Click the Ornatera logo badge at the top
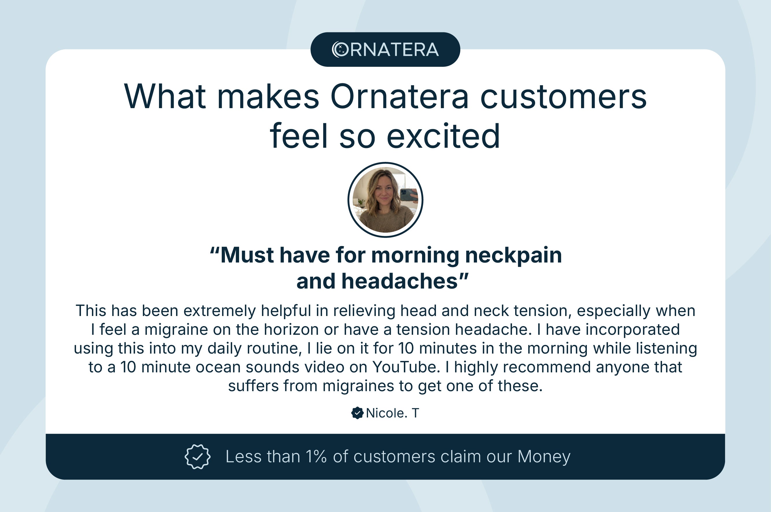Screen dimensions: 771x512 point(385,49)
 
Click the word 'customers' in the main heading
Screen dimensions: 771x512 point(563,97)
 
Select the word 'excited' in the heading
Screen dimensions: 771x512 point(443,136)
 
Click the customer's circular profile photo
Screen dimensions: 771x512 point(385,200)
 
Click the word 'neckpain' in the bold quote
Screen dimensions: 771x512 point(513,255)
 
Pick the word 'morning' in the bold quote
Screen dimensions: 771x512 point(415,255)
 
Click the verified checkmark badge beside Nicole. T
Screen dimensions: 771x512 point(357,413)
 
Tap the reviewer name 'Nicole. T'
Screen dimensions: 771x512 point(392,413)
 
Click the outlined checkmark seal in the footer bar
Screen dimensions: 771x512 point(197,456)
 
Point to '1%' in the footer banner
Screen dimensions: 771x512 point(316,456)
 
